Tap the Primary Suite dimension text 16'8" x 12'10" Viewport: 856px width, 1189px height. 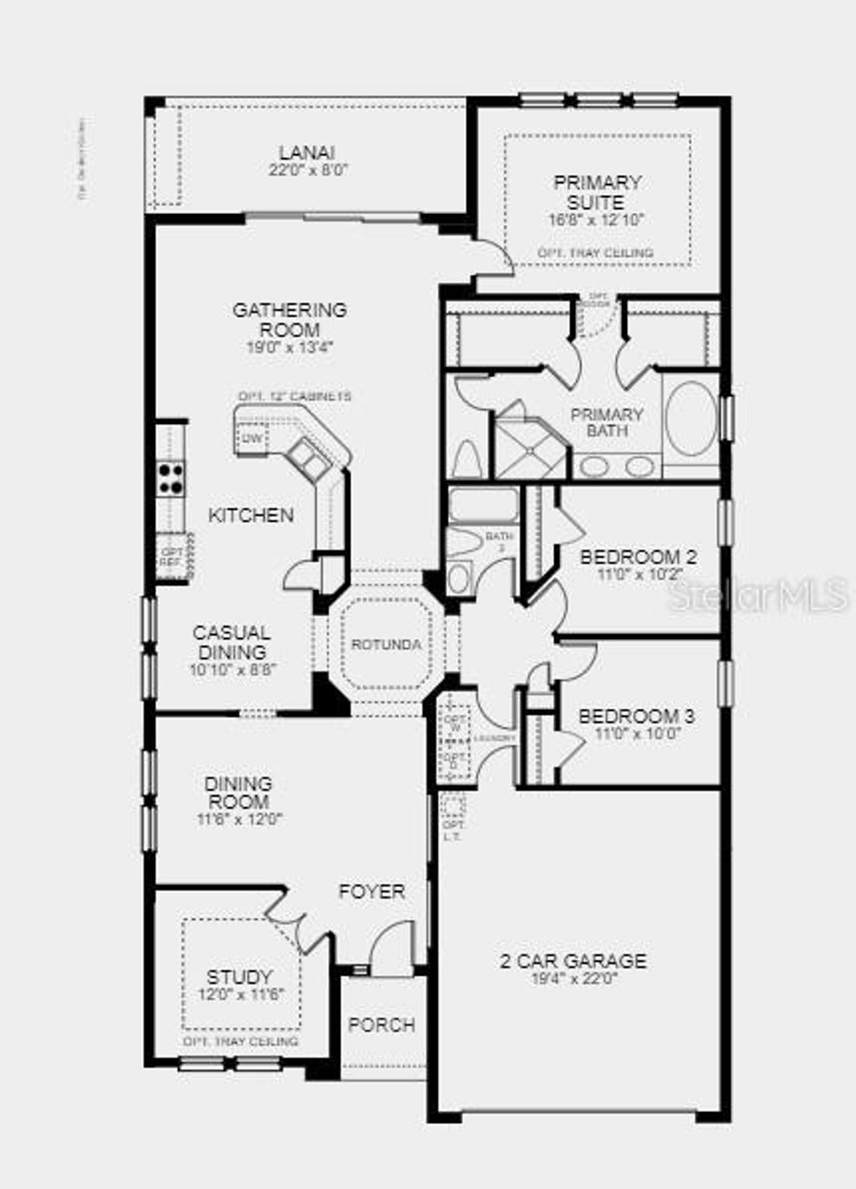pyautogui.click(x=598, y=221)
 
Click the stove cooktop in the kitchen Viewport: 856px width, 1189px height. pyautogui.click(x=171, y=478)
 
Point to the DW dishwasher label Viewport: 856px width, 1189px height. pyautogui.click(x=250, y=438)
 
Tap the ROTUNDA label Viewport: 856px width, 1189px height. pyautogui.click(x=385, y=645)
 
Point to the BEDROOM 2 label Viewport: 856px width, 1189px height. pyautogui.click(x=639, y=557)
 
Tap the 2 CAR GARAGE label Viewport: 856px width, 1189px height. pyautogui.click(x=573, y=961)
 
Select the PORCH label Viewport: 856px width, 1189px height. pyautogui.click(x=381, y=1024)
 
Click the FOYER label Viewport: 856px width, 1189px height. pyautogui.click(x=371, y=892)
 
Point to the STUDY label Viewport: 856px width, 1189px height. pyautogui.click(x=239, y=977)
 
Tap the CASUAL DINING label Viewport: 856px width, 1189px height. pyautogui.click(x=232, y=642)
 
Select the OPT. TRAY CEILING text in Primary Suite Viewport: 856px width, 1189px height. pyautogui.click(x=596, y=253)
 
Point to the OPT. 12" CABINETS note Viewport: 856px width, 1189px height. pyautogui.click(x=294, y=396)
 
